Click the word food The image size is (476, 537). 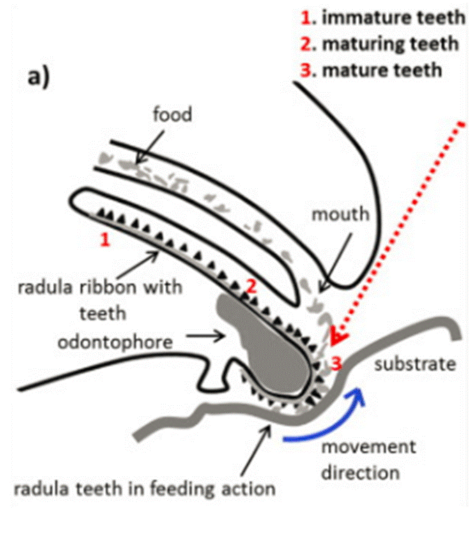171,114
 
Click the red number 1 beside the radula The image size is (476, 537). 105,240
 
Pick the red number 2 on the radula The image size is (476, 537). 252,285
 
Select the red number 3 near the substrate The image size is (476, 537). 336,363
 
